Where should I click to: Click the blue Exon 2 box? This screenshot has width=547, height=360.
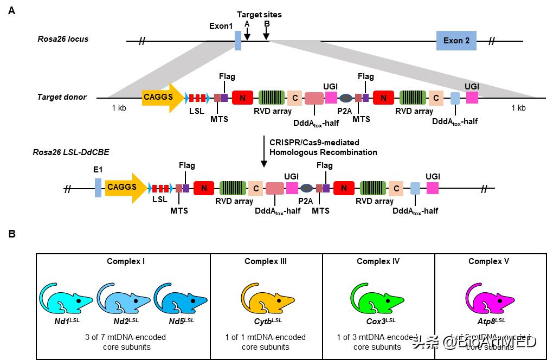(x=456, y=41)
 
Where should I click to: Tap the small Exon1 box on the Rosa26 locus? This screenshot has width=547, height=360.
(x=238, y=41)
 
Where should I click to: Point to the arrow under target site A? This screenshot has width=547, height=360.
(x=247, y=33)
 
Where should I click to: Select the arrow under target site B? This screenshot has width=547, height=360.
(x=266, y=33)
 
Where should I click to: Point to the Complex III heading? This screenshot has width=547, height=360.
(x=266, y=261)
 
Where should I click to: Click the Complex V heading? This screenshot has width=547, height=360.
(x=488, y=261)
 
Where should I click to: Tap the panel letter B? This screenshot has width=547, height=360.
(x=11, y=234)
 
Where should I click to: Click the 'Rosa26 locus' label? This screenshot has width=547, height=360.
(x=63, y=39)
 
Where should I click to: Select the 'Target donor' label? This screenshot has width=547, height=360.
(x=62, y=97)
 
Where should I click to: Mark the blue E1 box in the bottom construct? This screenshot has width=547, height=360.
(x=98, y=188)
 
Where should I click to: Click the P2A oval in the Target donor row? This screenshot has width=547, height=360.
(x=345, y=98)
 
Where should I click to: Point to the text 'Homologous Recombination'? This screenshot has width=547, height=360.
(x=323, y=152)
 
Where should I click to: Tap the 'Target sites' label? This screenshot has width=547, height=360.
(x=259, y=15)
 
